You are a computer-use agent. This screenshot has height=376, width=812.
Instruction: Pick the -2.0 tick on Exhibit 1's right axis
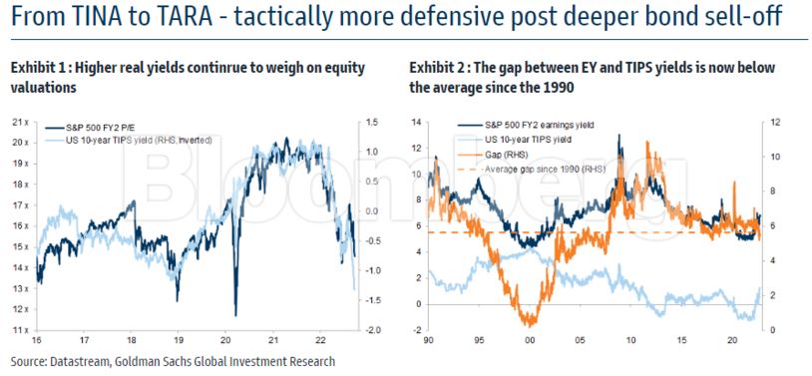coord(371,330)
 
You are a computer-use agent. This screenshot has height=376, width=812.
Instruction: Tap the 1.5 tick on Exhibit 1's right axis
coord(372,123)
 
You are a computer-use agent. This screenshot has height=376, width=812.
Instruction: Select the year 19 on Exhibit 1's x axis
coord(178,340)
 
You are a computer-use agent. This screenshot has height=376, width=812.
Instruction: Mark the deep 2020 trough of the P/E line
coord(235,315)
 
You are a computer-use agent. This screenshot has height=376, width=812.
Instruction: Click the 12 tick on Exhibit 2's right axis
coord(769,123)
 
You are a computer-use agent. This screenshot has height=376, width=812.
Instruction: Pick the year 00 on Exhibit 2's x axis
coord(530,340)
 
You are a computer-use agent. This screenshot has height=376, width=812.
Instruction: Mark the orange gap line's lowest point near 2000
coord(529,326)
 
